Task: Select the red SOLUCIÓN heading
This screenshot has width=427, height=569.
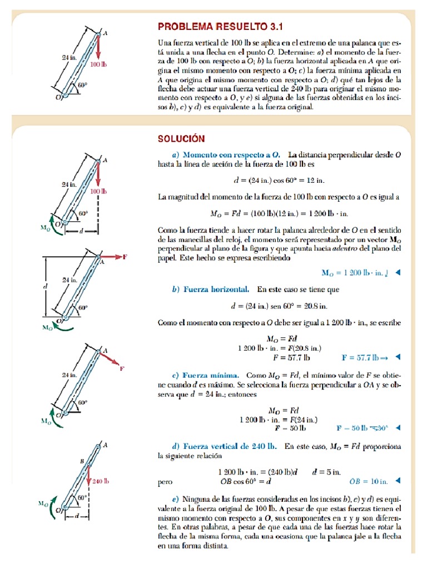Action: coord(182,138)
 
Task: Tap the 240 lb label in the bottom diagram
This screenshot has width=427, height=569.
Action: coord(100,482)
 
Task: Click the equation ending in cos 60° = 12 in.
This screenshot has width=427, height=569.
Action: coord(277,181)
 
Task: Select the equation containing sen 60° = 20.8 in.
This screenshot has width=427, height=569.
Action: coord(279,306)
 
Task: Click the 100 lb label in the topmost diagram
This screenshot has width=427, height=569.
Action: coord(98,64)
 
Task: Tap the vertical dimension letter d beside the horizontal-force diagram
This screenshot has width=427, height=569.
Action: coord(44,286)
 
